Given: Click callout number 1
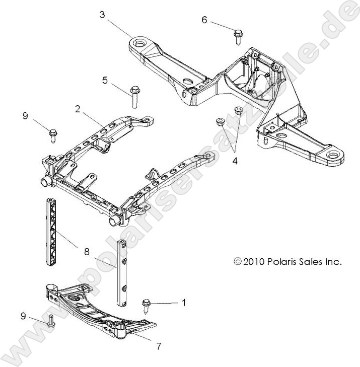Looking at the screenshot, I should pyautogui.click(x=184, y=303).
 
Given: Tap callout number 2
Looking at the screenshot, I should pyautogui.click(x=78, y=108).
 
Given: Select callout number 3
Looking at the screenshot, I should pyautogui.click(x=102, y=15).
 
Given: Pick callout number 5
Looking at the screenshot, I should pyautogui.click(x=105, y=80).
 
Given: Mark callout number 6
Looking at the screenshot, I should pyautogui.click(x=204, y=20).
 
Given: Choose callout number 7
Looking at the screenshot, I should pyautogui.click(x=159, y=346).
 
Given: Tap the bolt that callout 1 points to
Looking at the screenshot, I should pyautogui.click(x=146, y=305).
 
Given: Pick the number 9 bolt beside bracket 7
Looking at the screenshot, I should pyautogui.click(x=51, y=321).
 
